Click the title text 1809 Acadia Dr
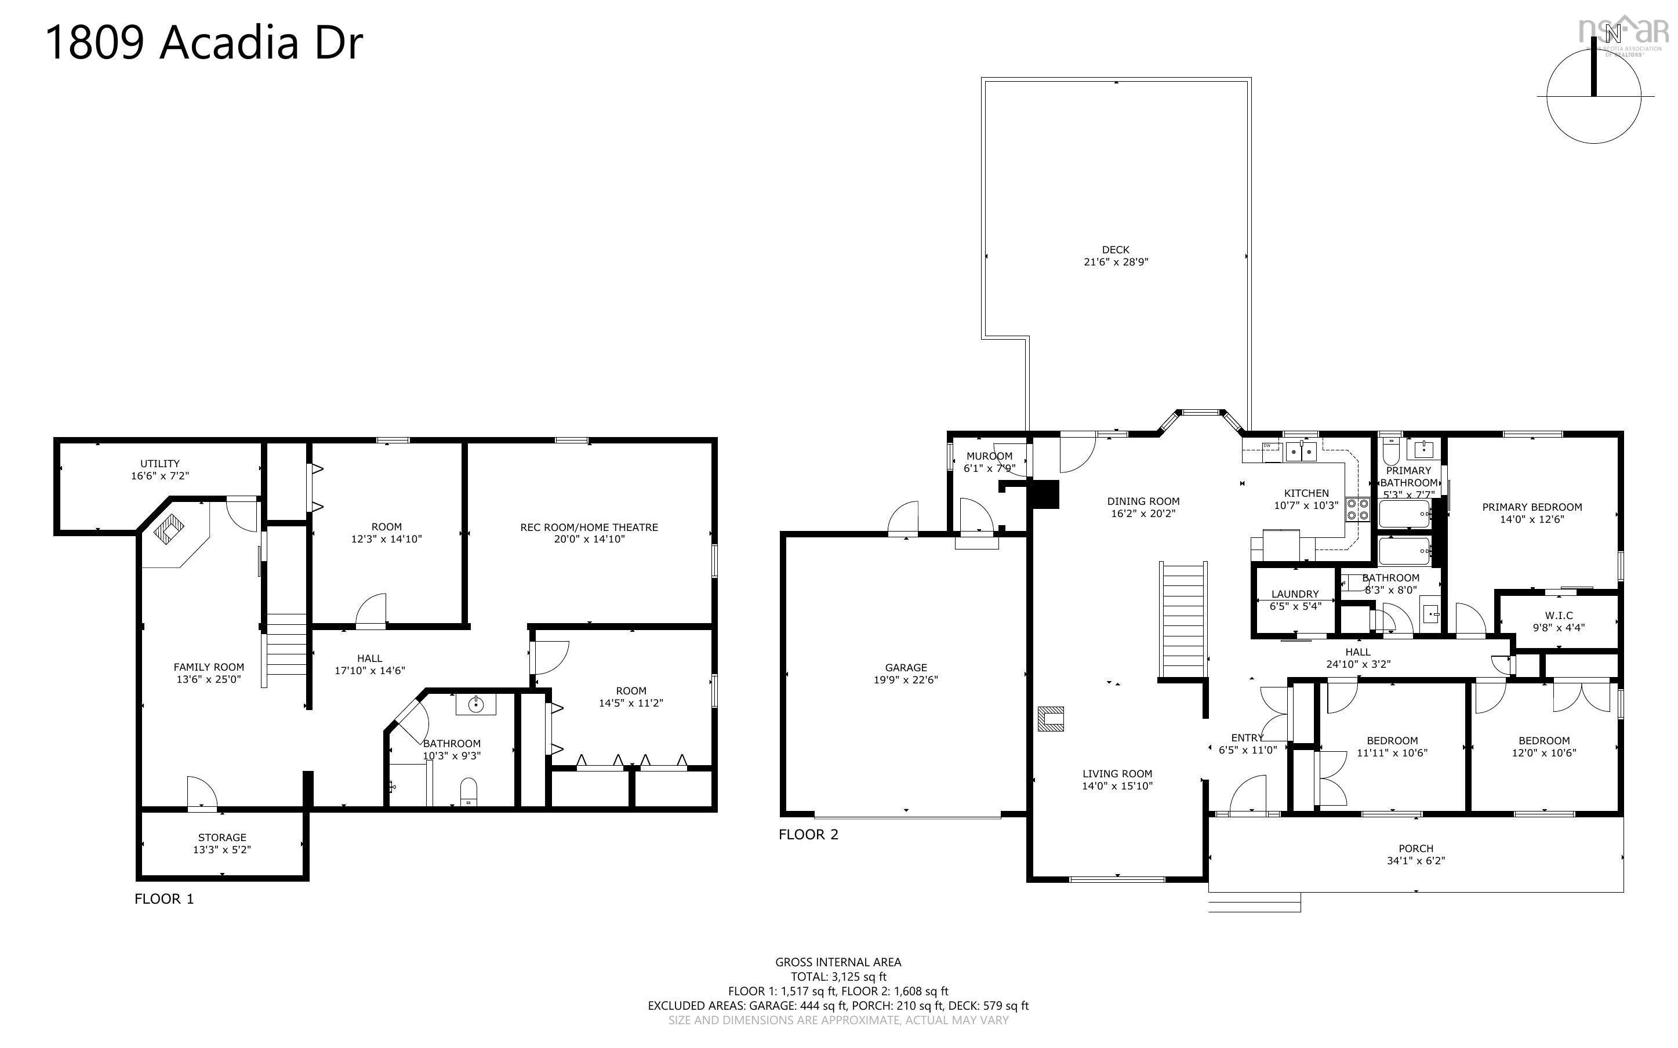point(204,43)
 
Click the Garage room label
point(905,668)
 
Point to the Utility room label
point(159,464)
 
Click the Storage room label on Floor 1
point(222,837)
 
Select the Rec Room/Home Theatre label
point(589,527)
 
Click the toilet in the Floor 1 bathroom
point(469,792)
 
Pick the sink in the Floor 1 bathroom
point(475,705)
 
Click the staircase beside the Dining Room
point(1183,620)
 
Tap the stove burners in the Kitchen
point(1357,510)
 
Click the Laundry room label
point(1295,594)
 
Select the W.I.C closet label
point(1559,616)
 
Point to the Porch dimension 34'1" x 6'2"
point(1415,861)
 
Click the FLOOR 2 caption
point(808,835)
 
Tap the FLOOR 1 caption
point(164,899)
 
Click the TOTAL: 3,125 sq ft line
point(838,977)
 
